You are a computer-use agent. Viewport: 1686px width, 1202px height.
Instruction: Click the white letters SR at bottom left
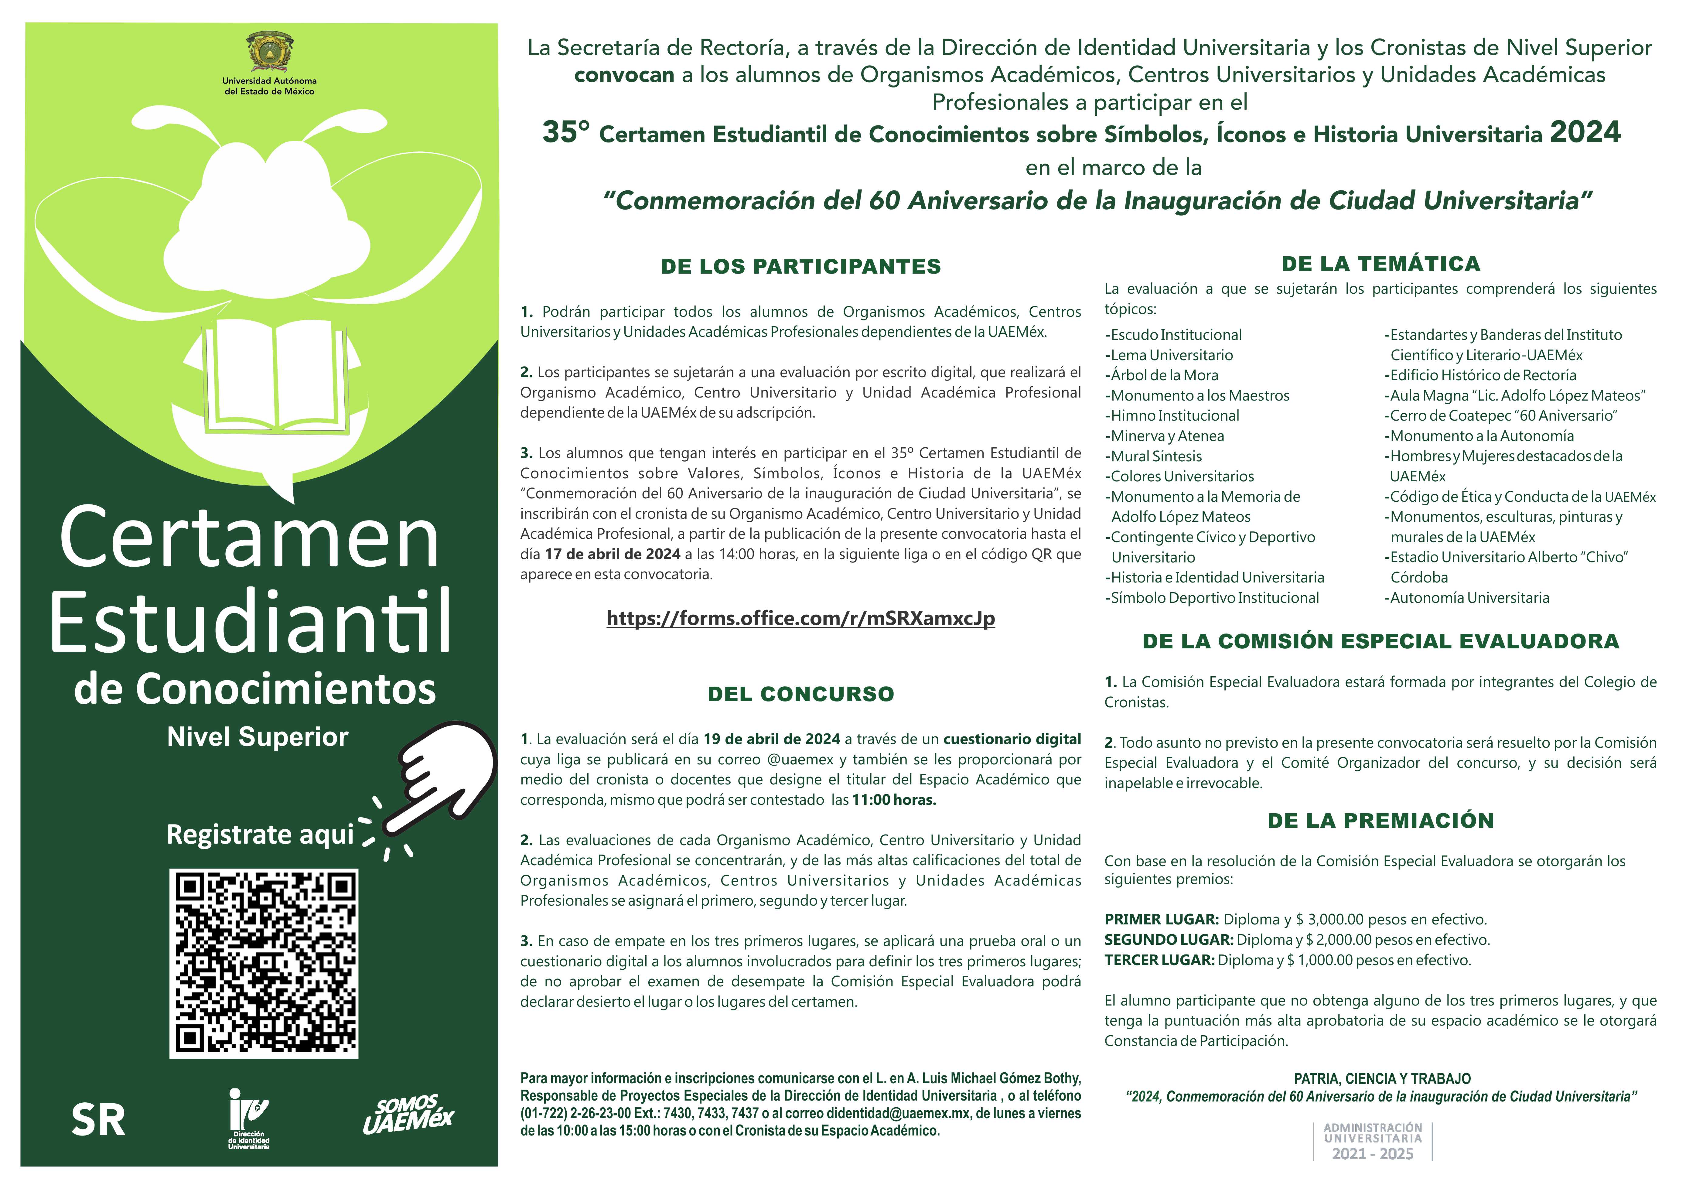point(98,1120)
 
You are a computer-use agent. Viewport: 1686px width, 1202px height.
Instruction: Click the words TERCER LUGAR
point(1159,960)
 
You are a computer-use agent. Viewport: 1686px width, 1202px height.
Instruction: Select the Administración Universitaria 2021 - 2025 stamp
point(1373,1141)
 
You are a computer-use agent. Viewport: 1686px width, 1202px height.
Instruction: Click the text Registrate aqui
point(260,834)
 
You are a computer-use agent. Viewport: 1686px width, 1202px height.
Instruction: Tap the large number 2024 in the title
point(1585,132)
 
